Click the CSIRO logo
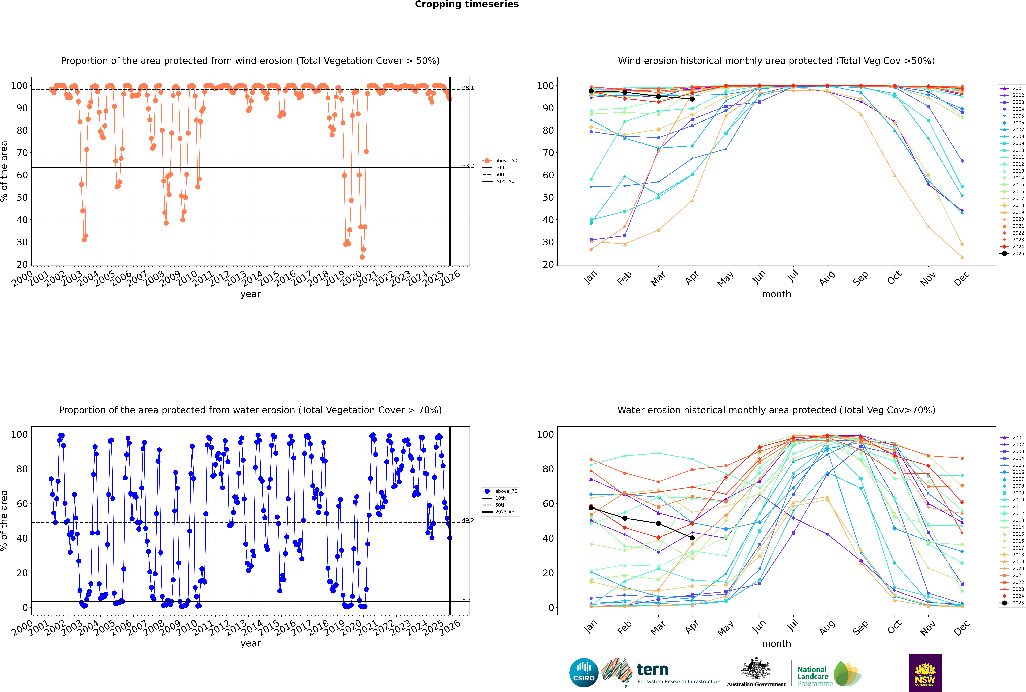(x=584, y=673)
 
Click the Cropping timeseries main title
(x=467, y=4)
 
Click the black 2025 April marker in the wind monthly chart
(x=692, y=99)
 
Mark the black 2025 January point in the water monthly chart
(x=591, y=508)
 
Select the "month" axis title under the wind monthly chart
(x=776, y=294)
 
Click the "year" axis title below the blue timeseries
(x=251, y=643)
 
